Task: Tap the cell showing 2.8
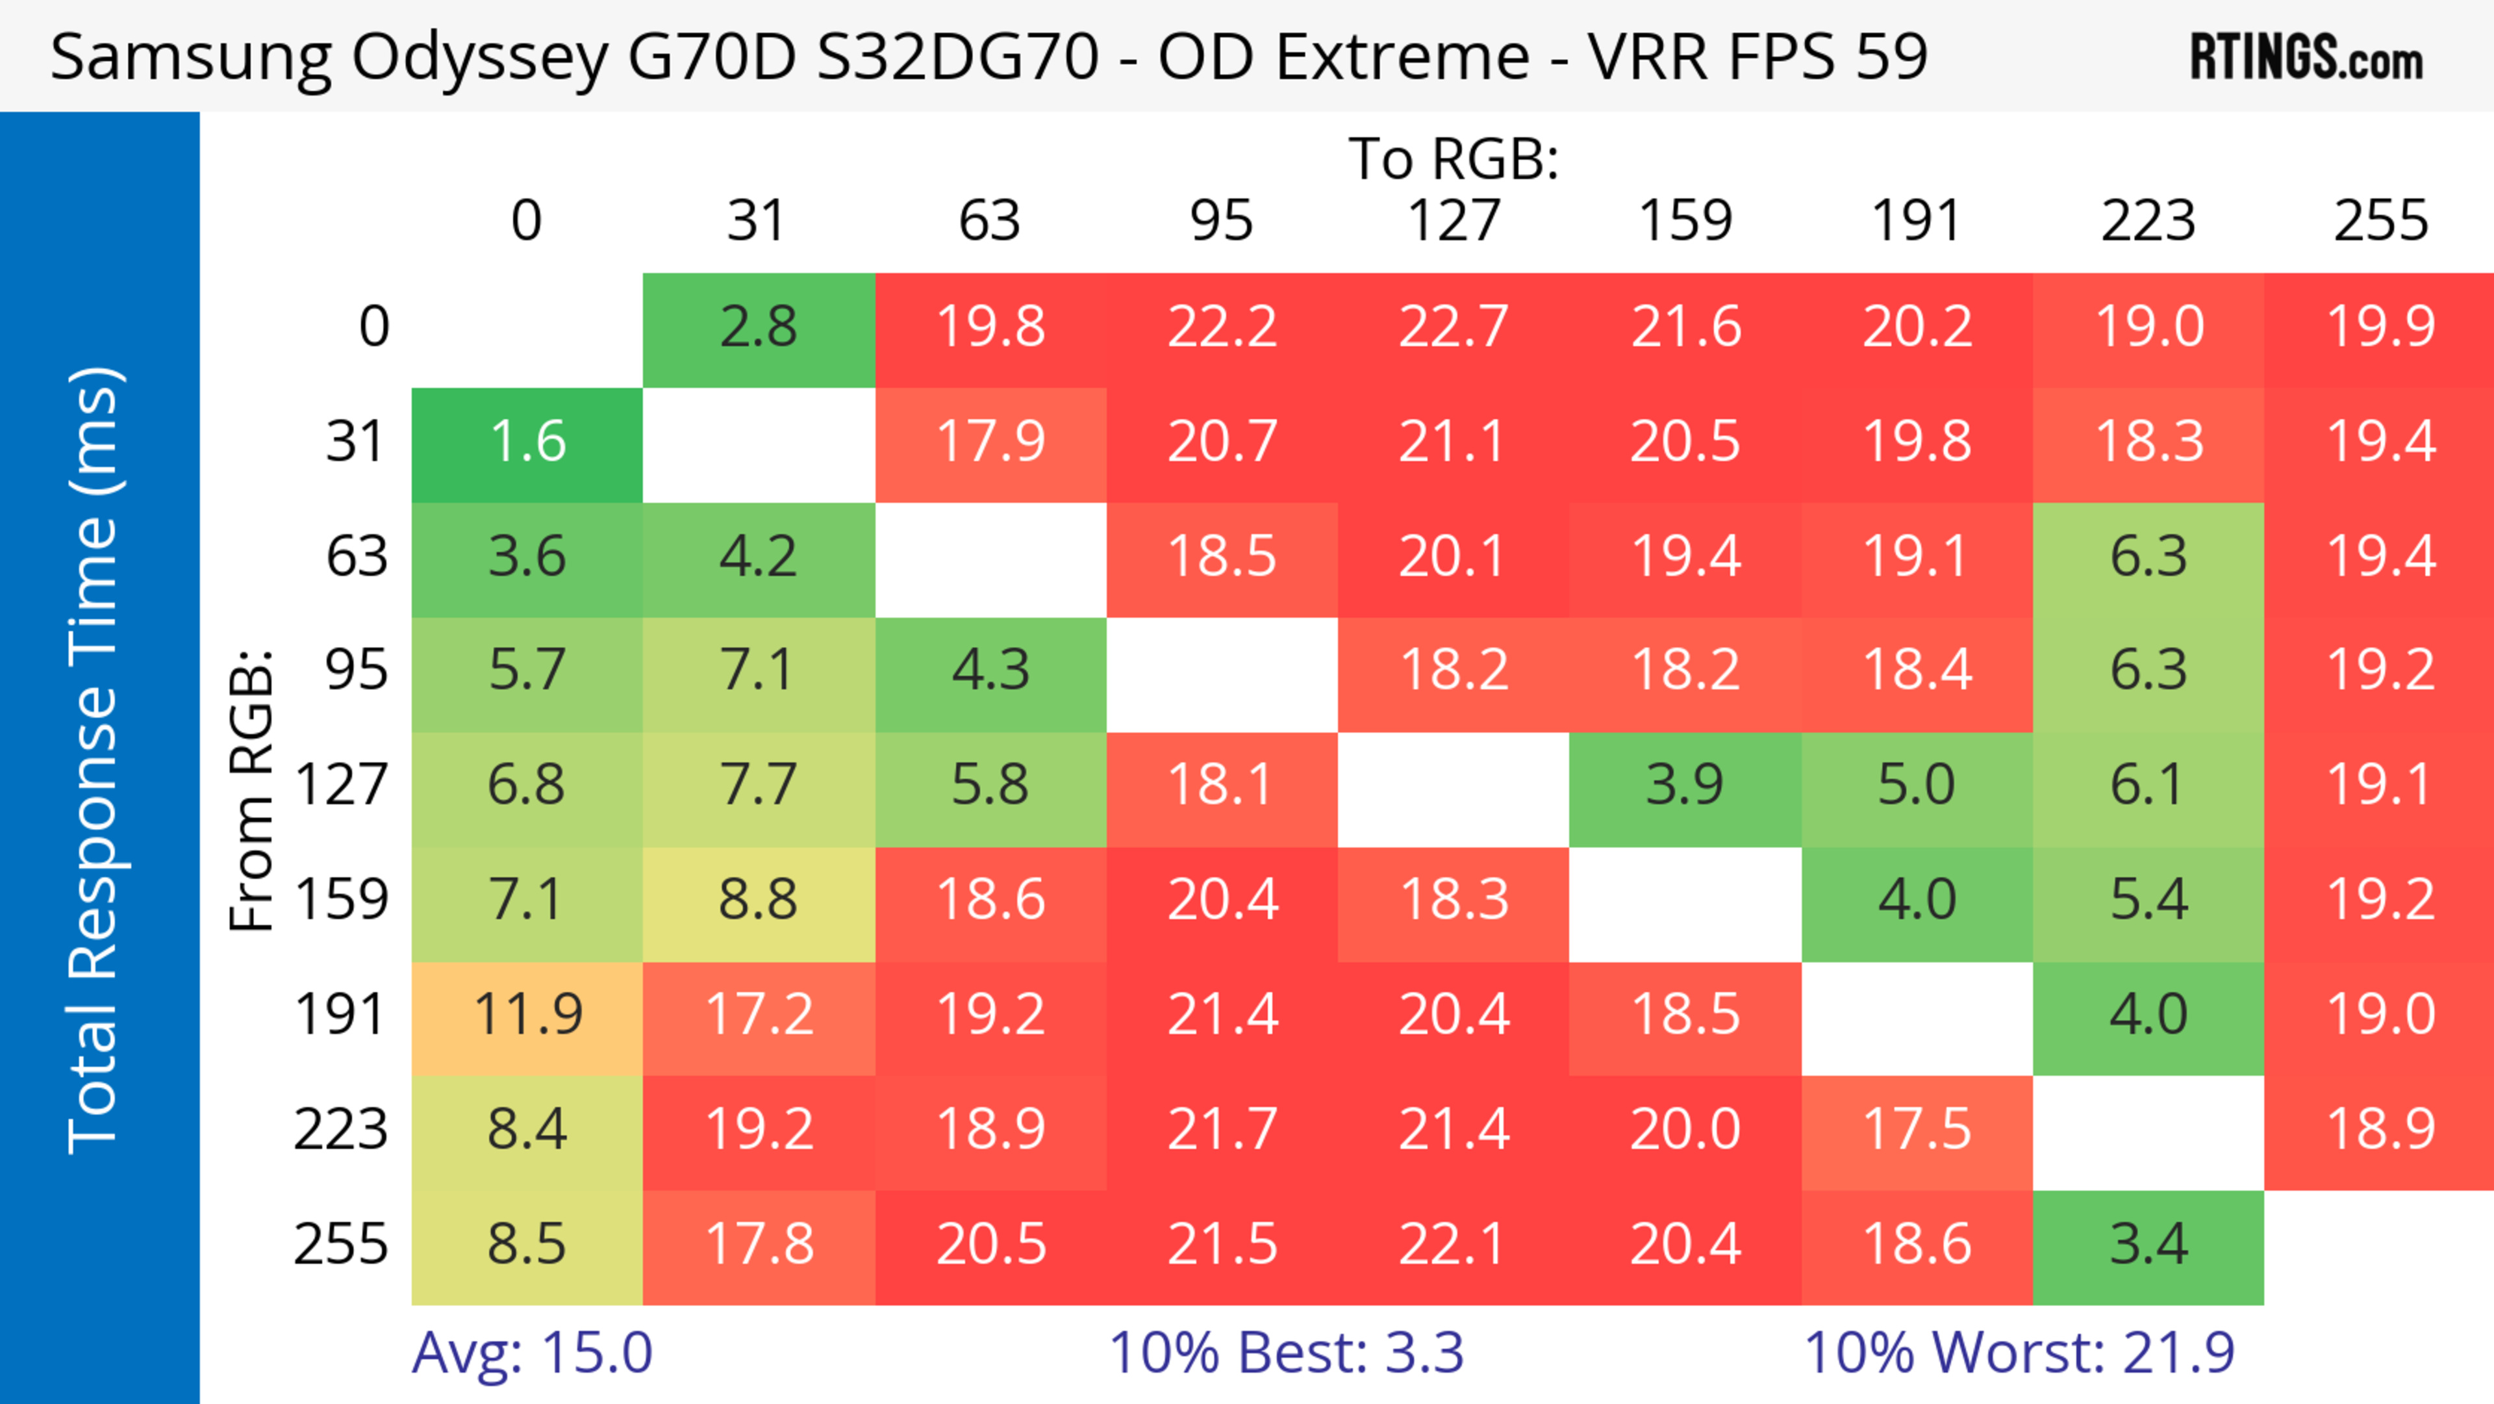(x=758, y=327)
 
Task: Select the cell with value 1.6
(x=527, y=442)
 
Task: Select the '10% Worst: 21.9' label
(x=2019, y=1353)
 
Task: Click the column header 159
(x=1685, y=221)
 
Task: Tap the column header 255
(x=2380, y=221)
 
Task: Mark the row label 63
(x=357, y=557)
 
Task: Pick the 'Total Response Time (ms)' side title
(x=94, y=760)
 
